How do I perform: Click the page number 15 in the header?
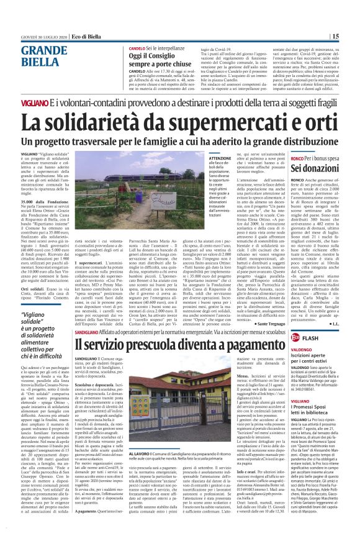coord(352,37)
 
